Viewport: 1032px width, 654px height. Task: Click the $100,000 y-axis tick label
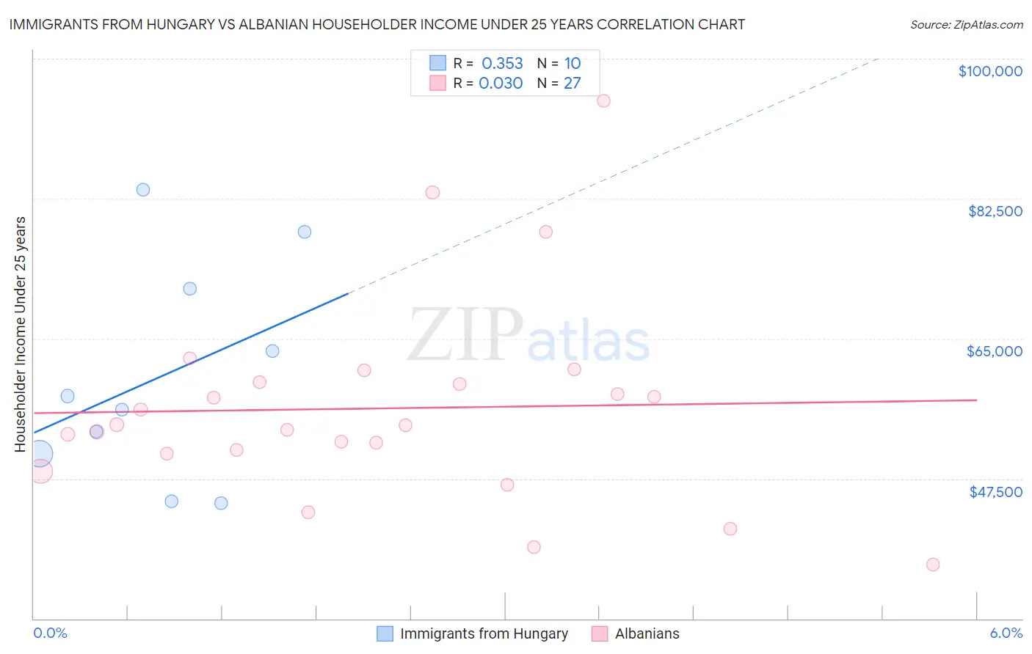point(989,71)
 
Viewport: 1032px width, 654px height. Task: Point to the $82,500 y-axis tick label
point(995,211)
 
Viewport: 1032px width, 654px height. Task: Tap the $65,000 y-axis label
point(994,351)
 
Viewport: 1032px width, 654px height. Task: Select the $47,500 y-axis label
point(995,492)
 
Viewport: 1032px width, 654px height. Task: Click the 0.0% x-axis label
point(50,633)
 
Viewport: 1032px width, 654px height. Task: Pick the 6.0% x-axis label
point(1006,633)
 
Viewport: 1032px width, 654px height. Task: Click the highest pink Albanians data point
point(603,100)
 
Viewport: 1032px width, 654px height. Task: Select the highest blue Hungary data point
point(143,190)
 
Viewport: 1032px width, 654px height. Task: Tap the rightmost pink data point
point(933,565)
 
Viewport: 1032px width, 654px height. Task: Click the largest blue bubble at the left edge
point(40,455)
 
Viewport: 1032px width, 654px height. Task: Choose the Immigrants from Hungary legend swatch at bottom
point(385,634)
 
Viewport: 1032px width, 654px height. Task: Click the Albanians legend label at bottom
point(647,634)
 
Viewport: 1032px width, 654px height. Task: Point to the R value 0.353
point(502,64)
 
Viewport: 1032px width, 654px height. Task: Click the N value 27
point(572,84)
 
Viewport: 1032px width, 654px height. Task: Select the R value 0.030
point(501,84)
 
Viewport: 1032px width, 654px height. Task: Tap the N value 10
point(573,64)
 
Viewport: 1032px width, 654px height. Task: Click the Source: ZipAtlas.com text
point(966,25)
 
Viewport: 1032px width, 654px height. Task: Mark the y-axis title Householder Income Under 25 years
point(21,334)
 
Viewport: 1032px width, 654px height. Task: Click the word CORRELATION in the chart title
point(643,25)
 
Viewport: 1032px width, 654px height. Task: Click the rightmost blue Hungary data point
point(305,232)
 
